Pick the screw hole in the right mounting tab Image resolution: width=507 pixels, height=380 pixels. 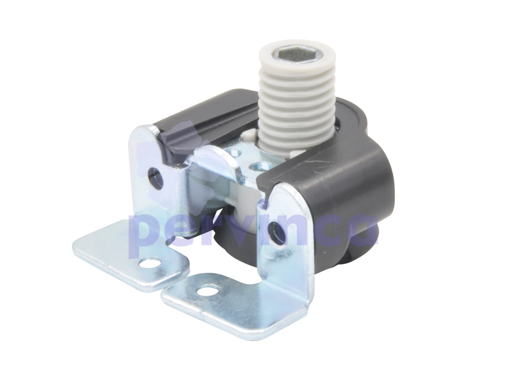(207, 290)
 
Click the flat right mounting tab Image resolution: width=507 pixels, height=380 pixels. (231, 301)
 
